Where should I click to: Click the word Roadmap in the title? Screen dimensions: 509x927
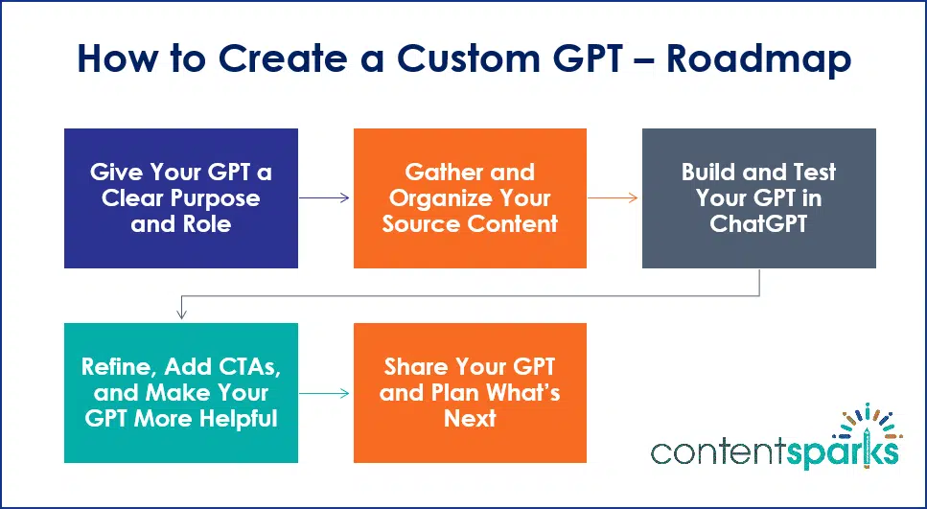click(x=758, y=60)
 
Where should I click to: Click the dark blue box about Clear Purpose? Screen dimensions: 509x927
click(x=180, y=198)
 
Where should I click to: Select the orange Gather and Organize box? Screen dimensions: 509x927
click(x=470, y=198)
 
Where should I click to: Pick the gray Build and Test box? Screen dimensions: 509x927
click(x=758, y=198)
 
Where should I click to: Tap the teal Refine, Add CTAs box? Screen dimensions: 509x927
click(x=180, y=393)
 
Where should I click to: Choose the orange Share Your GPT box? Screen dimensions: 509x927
click(x=470, y=393)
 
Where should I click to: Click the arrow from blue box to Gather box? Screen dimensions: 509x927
click(x=325, y=198)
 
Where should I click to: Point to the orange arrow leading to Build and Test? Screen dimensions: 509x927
click(x=614, y=198)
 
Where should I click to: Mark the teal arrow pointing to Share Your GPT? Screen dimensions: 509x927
click(x=325, y=393)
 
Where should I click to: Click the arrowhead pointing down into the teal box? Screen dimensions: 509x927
click(x=180, y=314)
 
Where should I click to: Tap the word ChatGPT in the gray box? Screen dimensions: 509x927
click(x=758, y=223)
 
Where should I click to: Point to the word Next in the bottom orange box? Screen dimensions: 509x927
click(x=470, y=419)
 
